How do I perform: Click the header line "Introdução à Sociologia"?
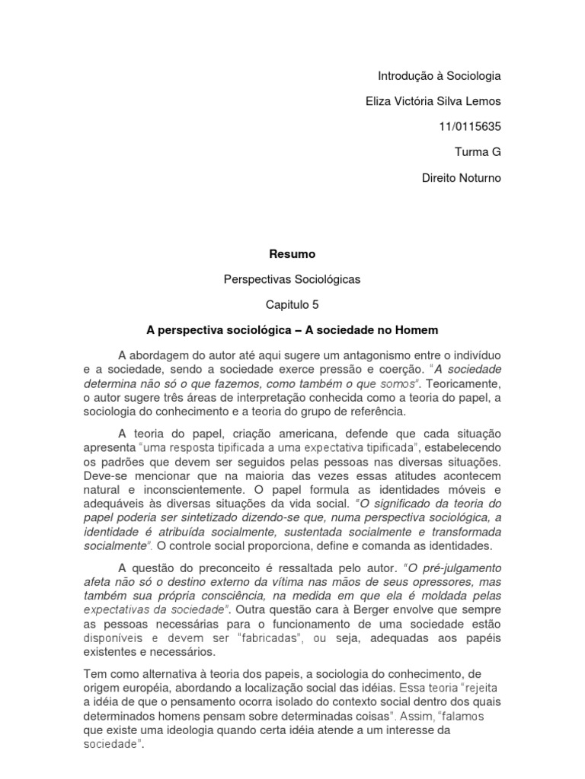(x=440, y=76)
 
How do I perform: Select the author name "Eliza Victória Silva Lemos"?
(x=429, y=101)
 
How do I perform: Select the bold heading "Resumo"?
(x=292, y=253)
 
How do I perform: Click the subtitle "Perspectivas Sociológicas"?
(x=292, y=279)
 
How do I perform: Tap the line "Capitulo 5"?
(x=292, y=304)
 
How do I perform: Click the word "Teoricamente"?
(x=466, y=382)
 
